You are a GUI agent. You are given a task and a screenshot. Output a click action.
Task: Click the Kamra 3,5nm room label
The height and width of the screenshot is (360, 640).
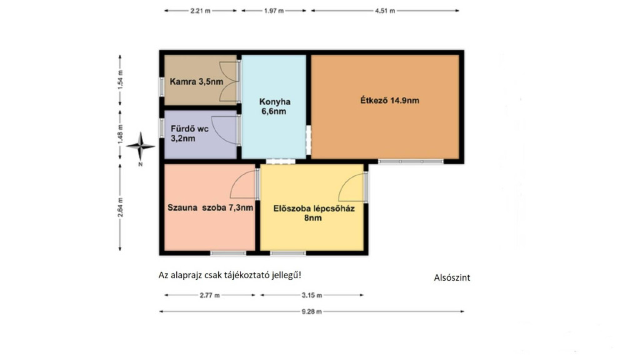pos(196,82)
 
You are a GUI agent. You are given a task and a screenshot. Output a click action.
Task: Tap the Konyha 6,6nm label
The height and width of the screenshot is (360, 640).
pos(274,106)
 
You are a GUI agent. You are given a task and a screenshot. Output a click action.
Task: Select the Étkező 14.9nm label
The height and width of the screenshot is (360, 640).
pos(389,101)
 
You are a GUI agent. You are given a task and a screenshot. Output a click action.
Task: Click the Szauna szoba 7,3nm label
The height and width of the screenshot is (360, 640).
pos(210,207)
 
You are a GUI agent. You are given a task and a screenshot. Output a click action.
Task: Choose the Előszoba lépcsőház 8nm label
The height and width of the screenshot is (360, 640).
pos(314,213)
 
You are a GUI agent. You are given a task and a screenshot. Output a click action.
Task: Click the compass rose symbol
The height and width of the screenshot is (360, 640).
pos(141,146)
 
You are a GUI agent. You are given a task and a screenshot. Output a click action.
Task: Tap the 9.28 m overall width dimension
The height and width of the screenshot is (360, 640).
pos(311,311)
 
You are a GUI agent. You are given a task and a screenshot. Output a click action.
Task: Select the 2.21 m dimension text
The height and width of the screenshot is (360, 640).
pos(200,11)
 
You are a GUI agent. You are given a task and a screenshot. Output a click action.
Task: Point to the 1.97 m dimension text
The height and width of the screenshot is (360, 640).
pos(274,11)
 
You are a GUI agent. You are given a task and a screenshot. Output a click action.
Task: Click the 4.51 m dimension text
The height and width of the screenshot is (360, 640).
pos(385,11)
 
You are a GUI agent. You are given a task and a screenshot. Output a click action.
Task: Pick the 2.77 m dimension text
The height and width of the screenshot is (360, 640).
pos(209,295)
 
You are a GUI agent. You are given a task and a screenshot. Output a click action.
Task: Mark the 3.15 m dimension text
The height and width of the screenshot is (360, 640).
pos(312,295)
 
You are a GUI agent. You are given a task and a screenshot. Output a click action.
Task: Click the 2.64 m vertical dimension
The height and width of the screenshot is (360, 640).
pos(120,207)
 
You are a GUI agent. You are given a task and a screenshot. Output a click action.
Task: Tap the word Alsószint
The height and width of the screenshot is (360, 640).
pos(452,277)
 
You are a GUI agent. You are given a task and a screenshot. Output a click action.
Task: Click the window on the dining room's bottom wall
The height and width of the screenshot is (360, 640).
pos(411,162)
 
